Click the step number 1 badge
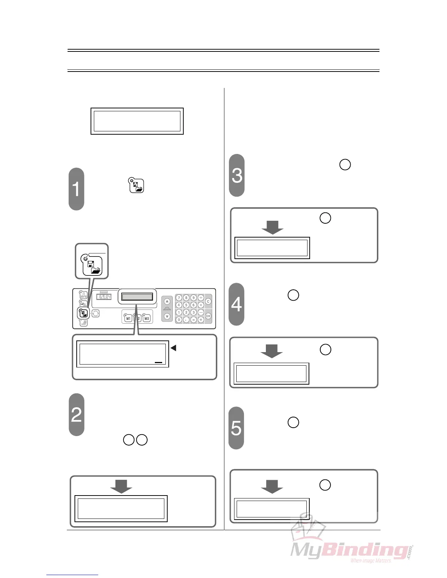pos(76,189)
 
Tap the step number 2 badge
pos(76,415)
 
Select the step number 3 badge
pos(237,175)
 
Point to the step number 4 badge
pos(236,304)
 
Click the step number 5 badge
pos(236,428)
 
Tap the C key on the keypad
pos(208,301)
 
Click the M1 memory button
pos(128,318)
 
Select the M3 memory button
pos(146,318)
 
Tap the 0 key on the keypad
pos(179,320)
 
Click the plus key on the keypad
pos(201,320)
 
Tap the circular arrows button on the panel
pos(96,313)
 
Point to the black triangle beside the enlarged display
pos(173,348)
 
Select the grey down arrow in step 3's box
pos(272,227)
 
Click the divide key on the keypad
pos(201,298)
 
